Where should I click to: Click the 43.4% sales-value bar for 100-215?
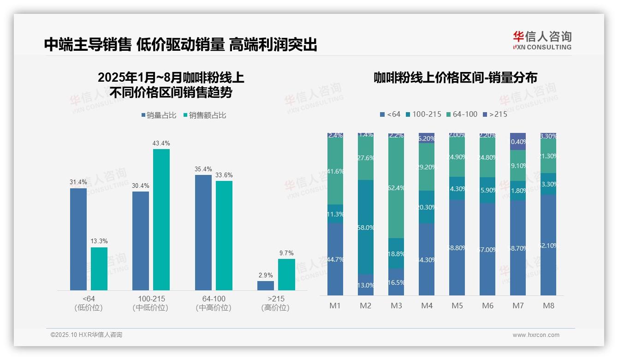click(161, 220)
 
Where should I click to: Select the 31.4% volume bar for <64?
click(78, 239)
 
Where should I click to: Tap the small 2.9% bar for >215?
click(266, 286)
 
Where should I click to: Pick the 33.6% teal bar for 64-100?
click(224, 235)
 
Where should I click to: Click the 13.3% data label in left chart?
click(99, 241)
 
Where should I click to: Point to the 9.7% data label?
click(286, 253)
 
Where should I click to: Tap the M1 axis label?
click(335, 306)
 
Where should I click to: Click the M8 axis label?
click(548, 306)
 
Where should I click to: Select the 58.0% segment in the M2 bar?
click(366, 227)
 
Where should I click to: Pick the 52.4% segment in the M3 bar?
click(396, 188)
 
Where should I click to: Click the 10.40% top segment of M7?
click(518, 141)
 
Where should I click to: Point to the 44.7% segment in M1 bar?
click(335, 259)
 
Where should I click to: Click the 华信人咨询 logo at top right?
click(542, 41)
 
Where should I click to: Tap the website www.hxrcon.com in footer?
click(535, 335)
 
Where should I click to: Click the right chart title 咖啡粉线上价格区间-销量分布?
click(455, 78)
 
